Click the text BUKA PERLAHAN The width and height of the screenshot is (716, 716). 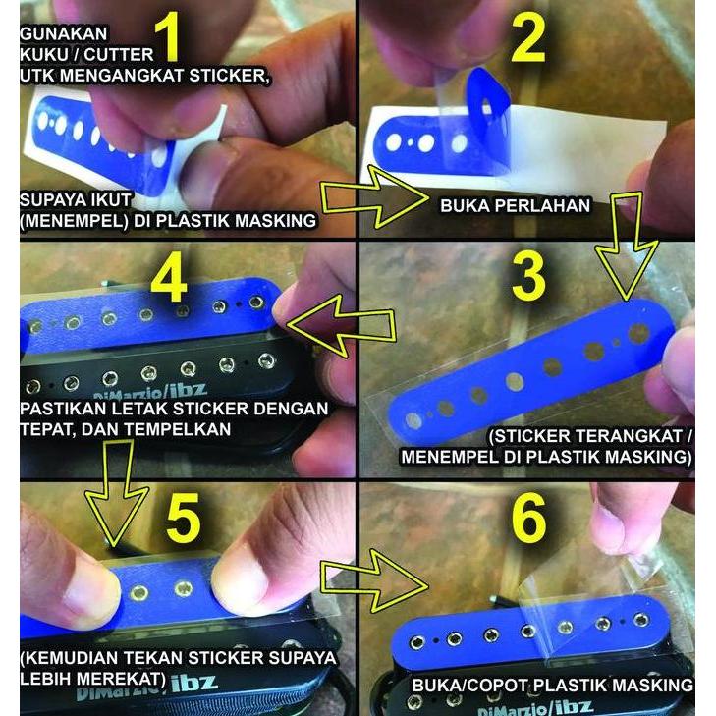click(515, 206)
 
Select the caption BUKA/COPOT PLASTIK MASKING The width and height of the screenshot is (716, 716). click(553, 685)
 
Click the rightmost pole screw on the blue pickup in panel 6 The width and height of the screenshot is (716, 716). click(640, 619)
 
